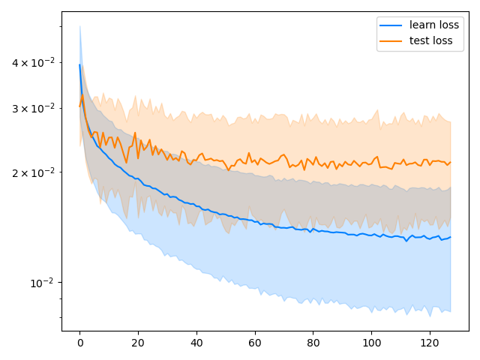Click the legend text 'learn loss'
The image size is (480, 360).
[x=434, y=25]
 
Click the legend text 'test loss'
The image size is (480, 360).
[x=430, y=40]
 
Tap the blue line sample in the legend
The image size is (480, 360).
[x=391, y=25]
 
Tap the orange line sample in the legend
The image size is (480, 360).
[x=391, y=41]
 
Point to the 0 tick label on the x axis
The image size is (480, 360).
[x=79, y=342]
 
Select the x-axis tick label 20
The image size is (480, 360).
[x=138, y=342]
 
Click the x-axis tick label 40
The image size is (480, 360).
[x=196, y=342]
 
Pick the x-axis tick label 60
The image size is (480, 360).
[x=255, y=342]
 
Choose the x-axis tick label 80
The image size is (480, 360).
[x=313, y=342]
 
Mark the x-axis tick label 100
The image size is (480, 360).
[x=371, y=342]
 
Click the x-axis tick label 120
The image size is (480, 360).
[x=430, y=342]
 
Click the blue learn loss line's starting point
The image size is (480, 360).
[x=79, y=64]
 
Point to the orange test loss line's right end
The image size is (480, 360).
[x=450, y=162]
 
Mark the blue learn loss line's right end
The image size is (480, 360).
[x=450, y=237]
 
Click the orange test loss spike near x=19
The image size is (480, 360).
[x=135, y=133]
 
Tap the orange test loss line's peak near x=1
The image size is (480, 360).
[x=82, y=94]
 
